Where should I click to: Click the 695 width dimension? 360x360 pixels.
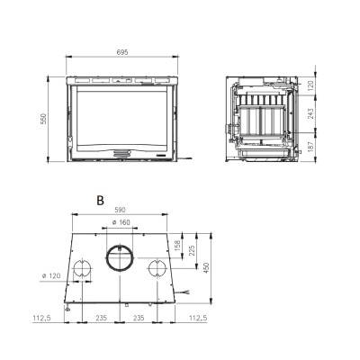point(122,52)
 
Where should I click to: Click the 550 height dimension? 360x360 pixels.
point(44,119)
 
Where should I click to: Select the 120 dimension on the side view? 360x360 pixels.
point(310,85)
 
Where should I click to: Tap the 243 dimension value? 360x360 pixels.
point(310,113)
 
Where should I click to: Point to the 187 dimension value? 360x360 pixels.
point(310,146)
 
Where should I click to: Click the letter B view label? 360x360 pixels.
point(100,200)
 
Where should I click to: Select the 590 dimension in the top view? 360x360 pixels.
point(120,210)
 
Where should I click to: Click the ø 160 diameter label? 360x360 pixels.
point(121,222)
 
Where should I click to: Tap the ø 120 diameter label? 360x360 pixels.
point(51,275)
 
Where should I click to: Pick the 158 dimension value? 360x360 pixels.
point(177,246)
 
